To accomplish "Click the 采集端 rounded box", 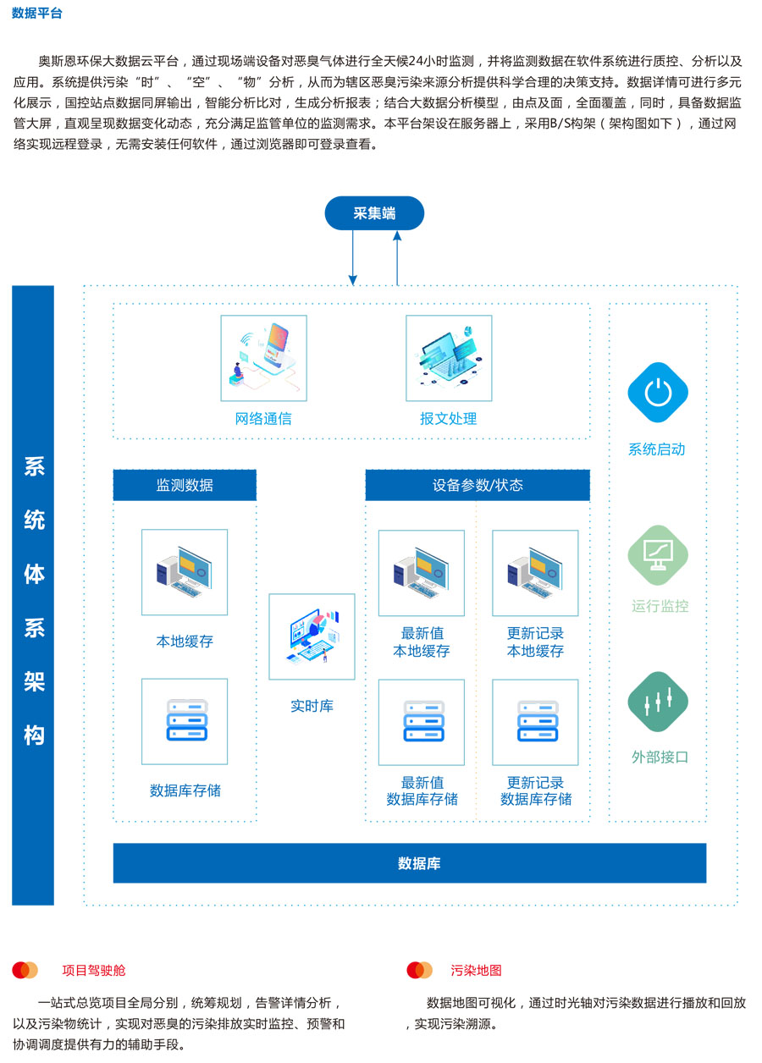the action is tap(374, 213).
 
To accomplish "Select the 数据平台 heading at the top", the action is tap(37, 13).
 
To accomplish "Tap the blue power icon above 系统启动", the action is tap(658, 392).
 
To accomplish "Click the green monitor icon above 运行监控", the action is tap(658, 554).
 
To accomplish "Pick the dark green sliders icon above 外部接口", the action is tap(658, 702).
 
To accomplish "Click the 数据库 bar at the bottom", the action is tap(409, 862).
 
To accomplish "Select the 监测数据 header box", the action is tap(185, 484).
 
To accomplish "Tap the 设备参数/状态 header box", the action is tap(478, 484).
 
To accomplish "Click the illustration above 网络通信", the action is tap(263, 358).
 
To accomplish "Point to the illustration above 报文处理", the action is tap(449, 358).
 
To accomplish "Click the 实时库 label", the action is tap(312, 706).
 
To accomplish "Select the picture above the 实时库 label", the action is tap(312, 636).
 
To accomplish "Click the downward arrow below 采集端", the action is tap(353, 257).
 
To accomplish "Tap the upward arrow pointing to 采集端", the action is tap(397, 257).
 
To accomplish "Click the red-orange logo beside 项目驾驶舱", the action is tap(25, 970).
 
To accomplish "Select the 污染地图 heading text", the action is tap(476, 970).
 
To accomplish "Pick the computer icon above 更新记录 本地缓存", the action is tap(535, 573).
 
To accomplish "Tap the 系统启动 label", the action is tap(657, 449).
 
